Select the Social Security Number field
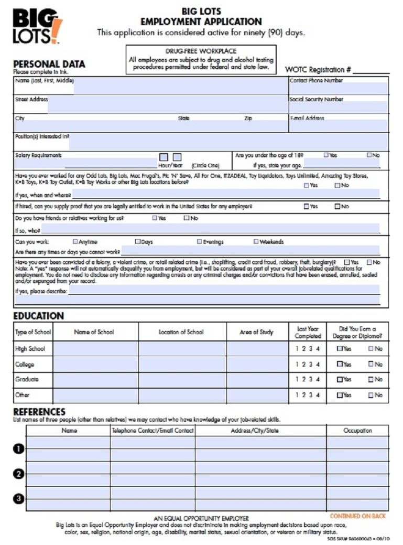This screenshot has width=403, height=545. (x=339, y=108)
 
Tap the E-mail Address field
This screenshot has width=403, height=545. (x=339, y=126)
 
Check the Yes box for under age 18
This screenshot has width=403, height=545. (x=326, y=155)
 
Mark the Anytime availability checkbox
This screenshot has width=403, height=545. (x=75, y=242)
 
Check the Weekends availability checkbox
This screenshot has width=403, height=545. (x=256, y=242)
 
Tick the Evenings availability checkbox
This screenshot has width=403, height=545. (x=200, y=242)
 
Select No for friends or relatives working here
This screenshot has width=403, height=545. (x=187, y=218)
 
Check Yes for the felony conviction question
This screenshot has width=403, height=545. (x=346, y=262)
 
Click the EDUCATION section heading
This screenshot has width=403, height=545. (x=38, y=316)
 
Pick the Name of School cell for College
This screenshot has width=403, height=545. (x=95, y=364)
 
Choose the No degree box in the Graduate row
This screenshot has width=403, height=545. (x=371, y=379)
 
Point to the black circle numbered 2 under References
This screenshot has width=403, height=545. (x=19, y=474)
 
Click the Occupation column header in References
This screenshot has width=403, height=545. (x=357, y=431)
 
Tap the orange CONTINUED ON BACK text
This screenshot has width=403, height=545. (x=357, y=516)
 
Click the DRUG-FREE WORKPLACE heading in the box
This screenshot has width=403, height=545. (x=201, y=51)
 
